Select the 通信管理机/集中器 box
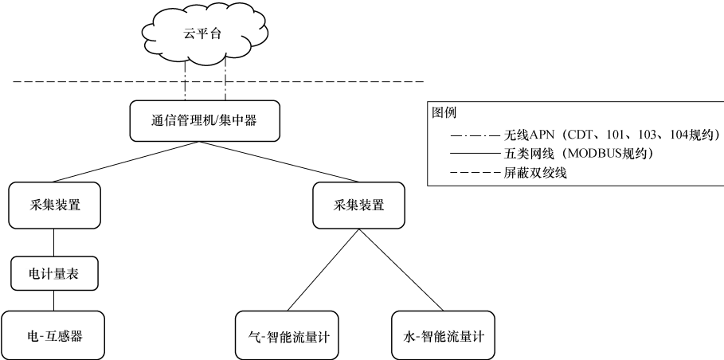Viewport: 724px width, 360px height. (x=205, y=121)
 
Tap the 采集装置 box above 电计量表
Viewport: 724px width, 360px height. (x=53, y=205)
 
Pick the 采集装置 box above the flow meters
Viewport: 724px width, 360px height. (x=358, y=205)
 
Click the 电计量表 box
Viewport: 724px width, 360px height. (x=53, y=274)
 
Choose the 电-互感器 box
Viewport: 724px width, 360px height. (x=53, y=335)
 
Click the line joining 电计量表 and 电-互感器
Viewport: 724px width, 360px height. (x=53, y=300)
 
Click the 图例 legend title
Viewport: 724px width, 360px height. (x=444, y=113)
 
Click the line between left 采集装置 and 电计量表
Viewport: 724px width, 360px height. (x=53, y=242)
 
